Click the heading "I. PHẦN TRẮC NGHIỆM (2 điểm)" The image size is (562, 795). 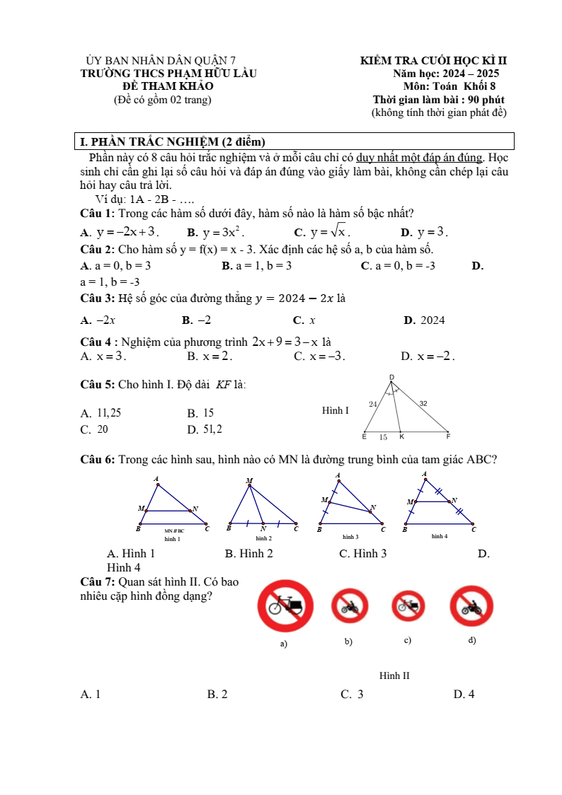click(173, 141)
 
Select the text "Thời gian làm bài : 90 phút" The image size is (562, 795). click(438, 100)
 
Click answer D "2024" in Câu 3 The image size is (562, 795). click(432, 320)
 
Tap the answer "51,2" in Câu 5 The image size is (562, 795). click(212, 429)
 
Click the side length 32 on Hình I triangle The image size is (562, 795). click(423, 403)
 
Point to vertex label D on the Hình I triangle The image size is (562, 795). click(391, 377)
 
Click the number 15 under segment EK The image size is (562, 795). click(383, 438)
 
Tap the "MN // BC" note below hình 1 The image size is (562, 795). click(174, 530)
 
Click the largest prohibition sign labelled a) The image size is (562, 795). click(287, 606)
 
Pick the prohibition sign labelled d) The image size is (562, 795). click(471, 606)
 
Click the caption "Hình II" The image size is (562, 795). click(394, 676)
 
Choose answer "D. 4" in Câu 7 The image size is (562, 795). click(464, 695)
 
